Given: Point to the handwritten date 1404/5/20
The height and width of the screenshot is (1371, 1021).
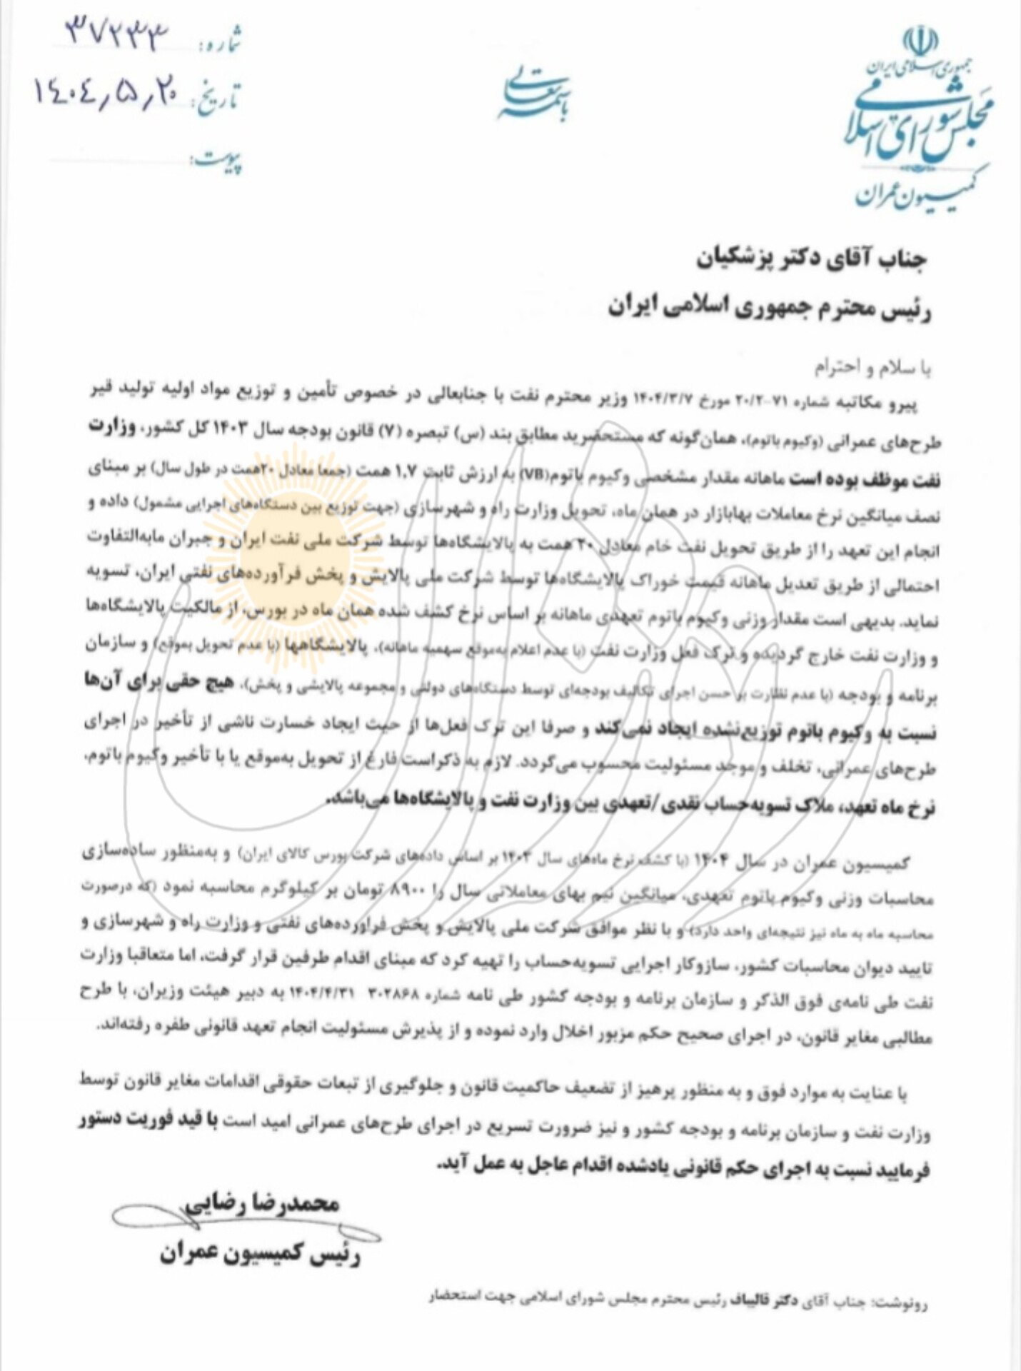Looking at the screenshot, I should tap(106, 94).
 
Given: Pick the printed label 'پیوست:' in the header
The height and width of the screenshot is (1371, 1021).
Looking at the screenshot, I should tap(217, 160).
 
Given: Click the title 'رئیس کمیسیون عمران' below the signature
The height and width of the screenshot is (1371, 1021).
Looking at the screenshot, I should tap(261, 1252).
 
